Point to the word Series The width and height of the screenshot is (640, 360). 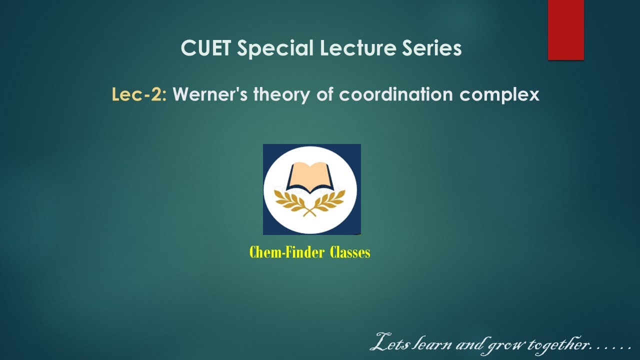434,48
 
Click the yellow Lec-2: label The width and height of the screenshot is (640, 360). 139,94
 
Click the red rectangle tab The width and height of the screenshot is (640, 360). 565,30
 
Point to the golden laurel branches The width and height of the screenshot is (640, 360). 310,202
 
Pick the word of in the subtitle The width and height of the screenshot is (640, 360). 324,94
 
